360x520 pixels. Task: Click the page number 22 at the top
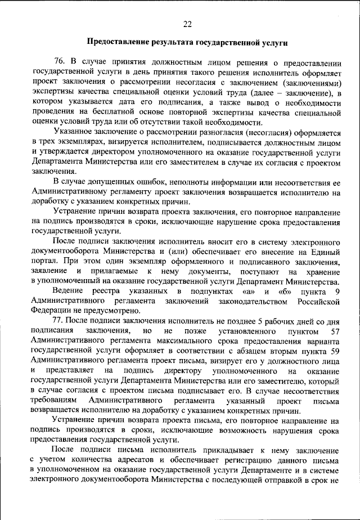(x=187, y=23)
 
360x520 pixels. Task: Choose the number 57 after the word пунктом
(x=335, y=331)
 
